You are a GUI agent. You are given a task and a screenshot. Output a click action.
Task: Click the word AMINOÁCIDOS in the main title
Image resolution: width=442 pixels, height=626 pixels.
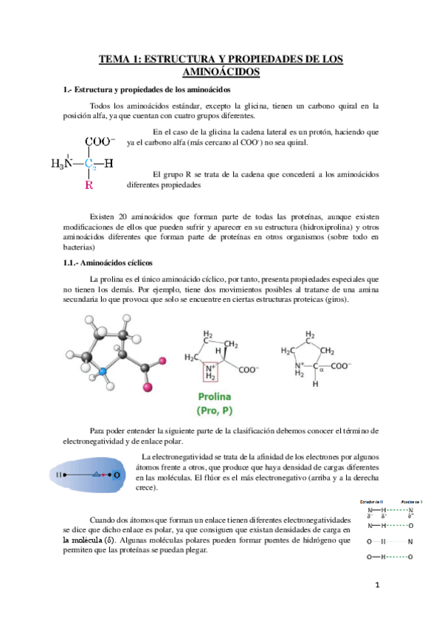pos(221,72)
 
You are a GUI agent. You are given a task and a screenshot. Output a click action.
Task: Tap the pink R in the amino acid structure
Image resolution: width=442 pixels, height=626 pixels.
pos(89,185)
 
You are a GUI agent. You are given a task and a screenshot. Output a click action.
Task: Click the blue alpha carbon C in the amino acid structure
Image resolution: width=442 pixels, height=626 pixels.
pos(89,164)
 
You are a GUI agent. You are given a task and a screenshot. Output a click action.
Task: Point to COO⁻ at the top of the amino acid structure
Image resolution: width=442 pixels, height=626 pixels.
pos(99,141)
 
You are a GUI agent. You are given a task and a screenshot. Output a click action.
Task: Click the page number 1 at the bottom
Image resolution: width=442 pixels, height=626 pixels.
pos(376,586)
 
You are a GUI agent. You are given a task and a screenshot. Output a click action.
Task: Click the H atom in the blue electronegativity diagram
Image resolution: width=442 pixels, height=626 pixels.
pos(59,476)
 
